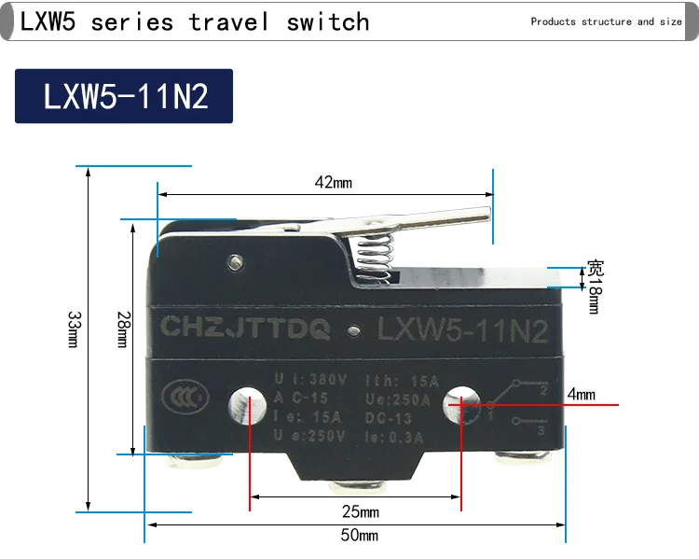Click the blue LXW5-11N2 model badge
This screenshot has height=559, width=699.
coord(124,97)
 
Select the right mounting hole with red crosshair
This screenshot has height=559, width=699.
coord(461,404)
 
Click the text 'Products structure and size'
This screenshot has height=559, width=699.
coord(606,21)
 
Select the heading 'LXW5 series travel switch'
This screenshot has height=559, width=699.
coord(195,21)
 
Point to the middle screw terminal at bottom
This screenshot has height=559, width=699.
coord(355,489)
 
